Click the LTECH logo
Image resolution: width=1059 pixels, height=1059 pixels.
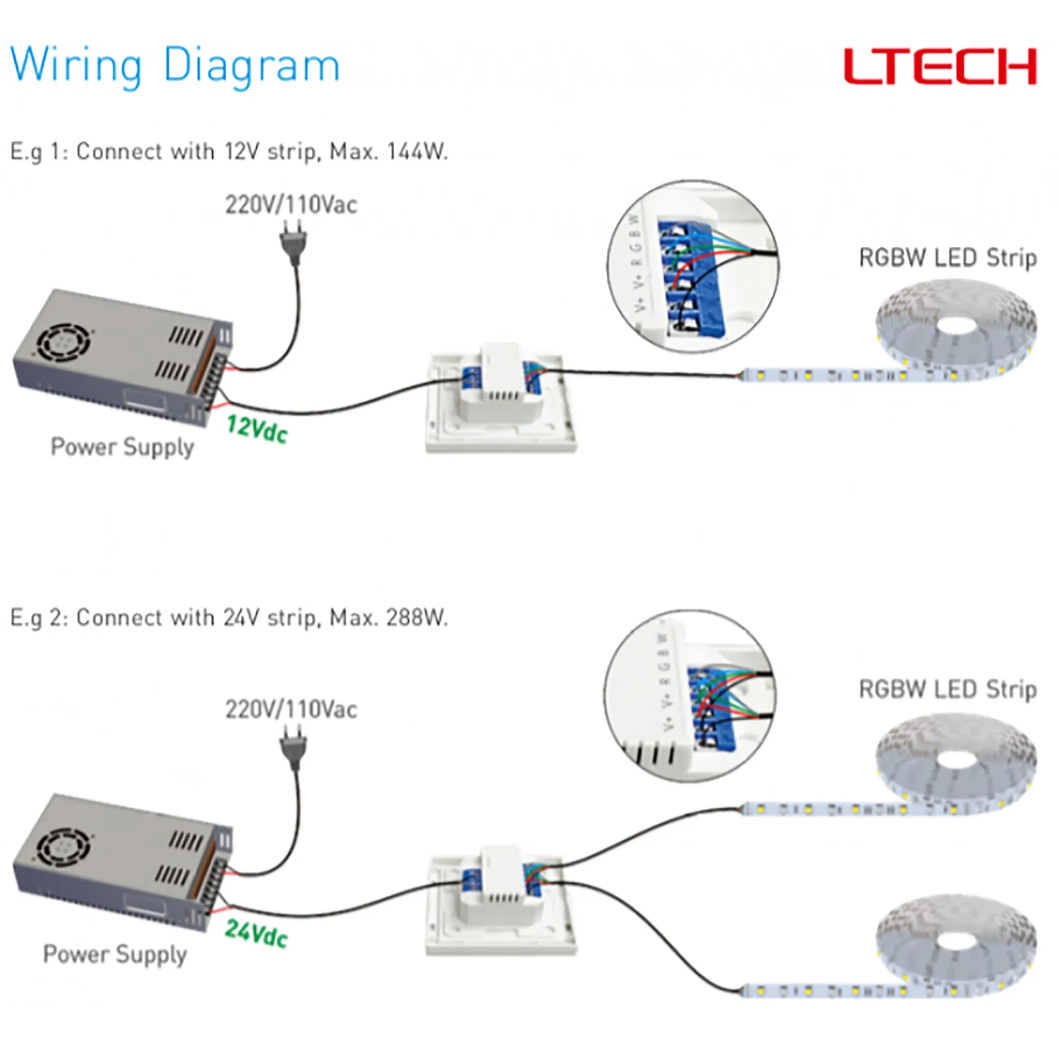pyautogui.click(x=939, y=66)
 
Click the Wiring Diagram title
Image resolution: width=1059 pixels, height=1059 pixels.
pyautogui.click(x=175, y=66)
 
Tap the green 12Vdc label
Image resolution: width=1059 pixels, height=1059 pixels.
pyautogui.click(x=256, y=429)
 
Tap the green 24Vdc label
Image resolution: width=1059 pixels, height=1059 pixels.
pyautogui.click(x=256, y=934)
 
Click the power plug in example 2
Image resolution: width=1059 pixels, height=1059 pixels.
pyautogui.click(x=293, y=745)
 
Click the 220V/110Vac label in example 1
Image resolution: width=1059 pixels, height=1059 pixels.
pyautogui.click(x=291, y=205)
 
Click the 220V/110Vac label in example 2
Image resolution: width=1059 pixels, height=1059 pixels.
pyautogui.click(x=291, y=710)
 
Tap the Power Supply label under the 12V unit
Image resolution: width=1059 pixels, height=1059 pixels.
pyautogui.click(x=122, y=447)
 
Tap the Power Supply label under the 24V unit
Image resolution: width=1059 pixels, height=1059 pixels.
pyautogui.click(x=115, y=954)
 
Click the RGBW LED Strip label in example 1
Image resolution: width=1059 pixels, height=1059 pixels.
pyautogui.click(x=947, y=258)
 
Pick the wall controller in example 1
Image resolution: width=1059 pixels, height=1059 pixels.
pyautogui.click(x=501, y=403)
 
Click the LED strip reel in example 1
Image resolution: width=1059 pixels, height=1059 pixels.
pyautogui.click(x=956, y=327)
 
